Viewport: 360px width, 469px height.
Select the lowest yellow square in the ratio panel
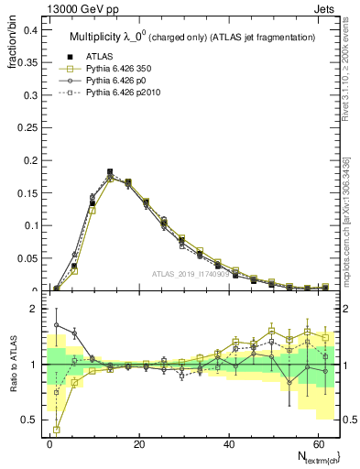57,429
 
